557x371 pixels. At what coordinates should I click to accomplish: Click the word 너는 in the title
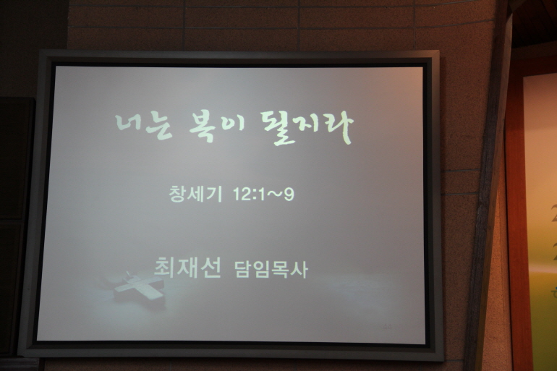click(144, 126)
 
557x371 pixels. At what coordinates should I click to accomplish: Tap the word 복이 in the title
click(217, 127)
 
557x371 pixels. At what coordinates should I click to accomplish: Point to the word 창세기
click(196, 194)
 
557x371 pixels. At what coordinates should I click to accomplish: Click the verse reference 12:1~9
click(263, 195)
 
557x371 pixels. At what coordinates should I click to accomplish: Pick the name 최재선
click(187, 268)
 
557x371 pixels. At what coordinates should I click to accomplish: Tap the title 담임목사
click(271, 270)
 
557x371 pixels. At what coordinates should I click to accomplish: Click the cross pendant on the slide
click(140, 286)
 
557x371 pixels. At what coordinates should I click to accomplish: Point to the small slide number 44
click(388, 326)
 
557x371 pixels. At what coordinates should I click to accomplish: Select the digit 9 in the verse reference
click(289, 195)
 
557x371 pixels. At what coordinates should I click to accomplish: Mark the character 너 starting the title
click(129, 124)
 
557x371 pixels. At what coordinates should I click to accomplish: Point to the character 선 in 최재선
click(210, 268)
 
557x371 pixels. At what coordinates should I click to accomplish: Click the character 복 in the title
click(203, 128)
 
